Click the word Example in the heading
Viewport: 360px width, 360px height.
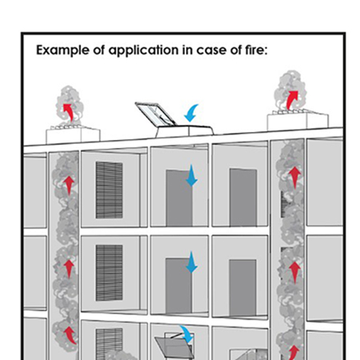click(63, 50)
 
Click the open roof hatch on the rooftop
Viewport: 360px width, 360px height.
click(156, 114)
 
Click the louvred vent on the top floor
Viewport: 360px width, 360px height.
click(110, 190)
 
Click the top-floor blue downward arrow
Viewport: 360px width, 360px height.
click(191, 176)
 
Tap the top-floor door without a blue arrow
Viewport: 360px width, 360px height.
click(242, 197)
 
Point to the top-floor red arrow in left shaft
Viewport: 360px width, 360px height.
click(69, 183)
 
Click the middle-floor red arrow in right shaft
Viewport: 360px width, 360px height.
click(294, 267)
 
